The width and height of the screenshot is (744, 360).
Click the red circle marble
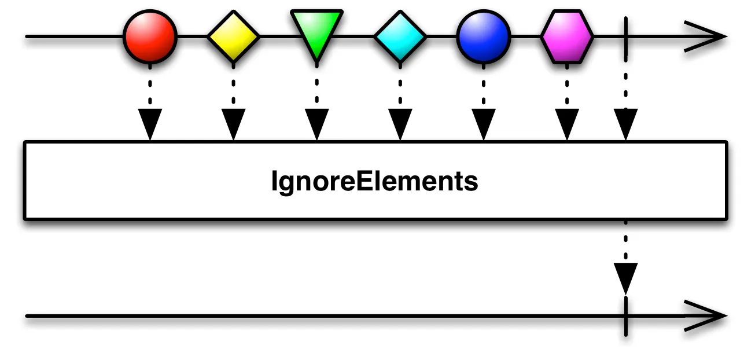(x=150, y=36)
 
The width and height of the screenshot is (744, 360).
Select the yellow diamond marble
(x=233, y=36)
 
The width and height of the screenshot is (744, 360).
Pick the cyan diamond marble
(x=400, y=36)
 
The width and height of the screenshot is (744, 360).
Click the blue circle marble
(x=483, y=36)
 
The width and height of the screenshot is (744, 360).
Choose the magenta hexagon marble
(x=567, y=36)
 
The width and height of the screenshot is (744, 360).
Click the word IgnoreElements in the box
(x=374, y=182)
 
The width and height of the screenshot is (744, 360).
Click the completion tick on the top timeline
(x=626, y=36)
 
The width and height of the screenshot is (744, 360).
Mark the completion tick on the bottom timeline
(x=626, y=317)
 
